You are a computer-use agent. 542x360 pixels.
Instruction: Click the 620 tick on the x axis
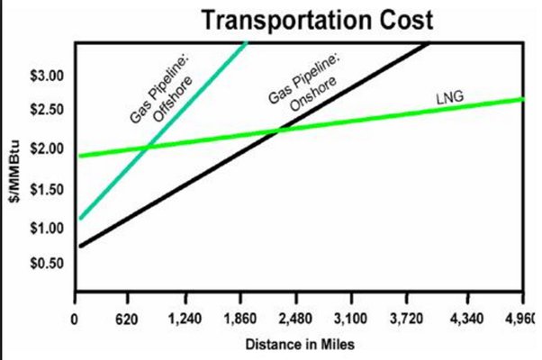coord(130,319)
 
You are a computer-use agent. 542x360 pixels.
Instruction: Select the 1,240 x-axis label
coord(185,319)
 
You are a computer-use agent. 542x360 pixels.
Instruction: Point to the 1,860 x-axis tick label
coord(240,319)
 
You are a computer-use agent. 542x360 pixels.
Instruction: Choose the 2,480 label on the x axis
coord(296,319)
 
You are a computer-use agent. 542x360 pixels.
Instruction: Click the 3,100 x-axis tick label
coord(351,319)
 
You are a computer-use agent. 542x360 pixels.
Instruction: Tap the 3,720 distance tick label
coord(407,319)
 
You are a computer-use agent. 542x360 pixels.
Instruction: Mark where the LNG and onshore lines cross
coord(276,131)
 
